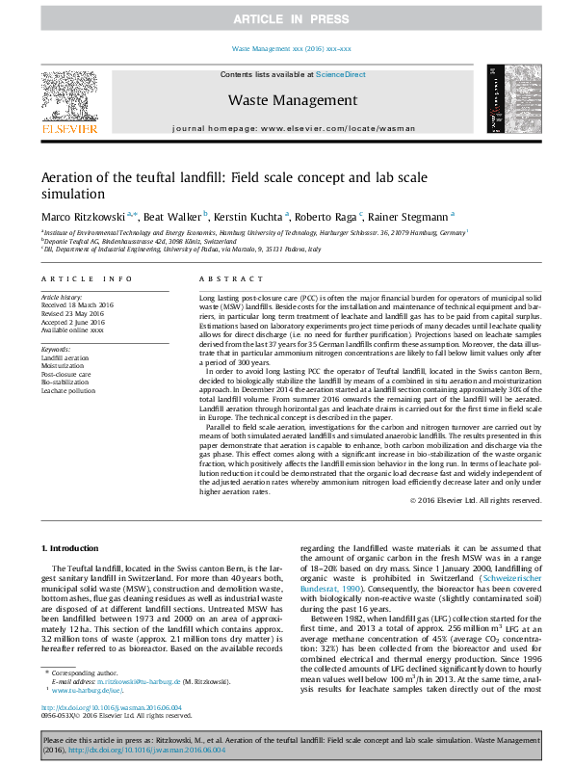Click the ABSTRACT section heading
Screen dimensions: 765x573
[218, 278]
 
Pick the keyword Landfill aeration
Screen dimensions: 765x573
[65, 357]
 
